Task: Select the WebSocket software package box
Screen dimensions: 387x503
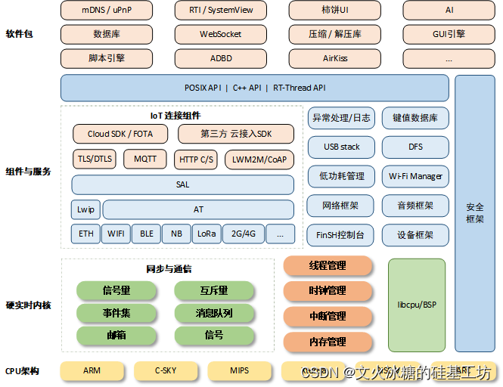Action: coord(220,35)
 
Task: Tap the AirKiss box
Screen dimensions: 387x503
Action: coord(334,58)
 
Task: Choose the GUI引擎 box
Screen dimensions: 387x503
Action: coord(449,35)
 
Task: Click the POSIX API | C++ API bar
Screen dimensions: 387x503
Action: coord(255,88)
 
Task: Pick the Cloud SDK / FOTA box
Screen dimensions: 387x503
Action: coord(120,134)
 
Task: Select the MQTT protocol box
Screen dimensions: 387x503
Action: coord(145,159)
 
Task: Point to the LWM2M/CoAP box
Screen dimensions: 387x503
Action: coord(259,159)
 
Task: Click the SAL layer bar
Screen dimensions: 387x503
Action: coord(182,184)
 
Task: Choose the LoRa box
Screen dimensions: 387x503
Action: coord(206,234)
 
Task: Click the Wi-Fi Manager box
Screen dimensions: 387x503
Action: coord(415,176)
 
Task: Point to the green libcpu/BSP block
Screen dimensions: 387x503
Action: coord(417,305)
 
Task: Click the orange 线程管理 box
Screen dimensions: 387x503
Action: coord(328,266)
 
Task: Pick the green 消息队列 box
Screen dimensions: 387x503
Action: coord(213,313)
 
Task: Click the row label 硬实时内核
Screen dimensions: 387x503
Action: coord(29,305)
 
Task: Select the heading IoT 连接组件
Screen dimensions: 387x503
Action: coord(175,116)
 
